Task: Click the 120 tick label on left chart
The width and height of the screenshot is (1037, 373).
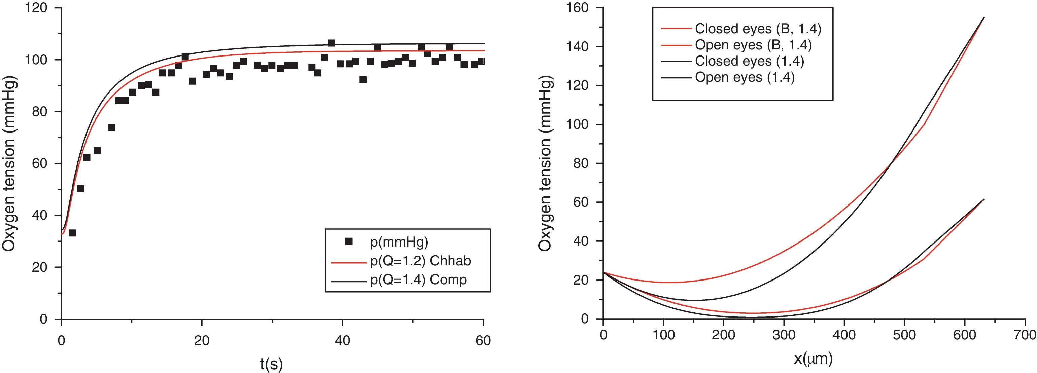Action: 36,8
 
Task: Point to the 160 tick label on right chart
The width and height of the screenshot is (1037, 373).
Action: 579,8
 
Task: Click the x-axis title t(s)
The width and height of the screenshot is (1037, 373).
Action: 271,364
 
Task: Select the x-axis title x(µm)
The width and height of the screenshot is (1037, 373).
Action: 813,358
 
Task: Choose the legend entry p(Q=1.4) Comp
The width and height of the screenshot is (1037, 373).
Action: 418,279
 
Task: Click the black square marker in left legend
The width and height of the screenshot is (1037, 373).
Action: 349,241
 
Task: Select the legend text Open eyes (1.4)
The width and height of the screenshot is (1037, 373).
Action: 745,77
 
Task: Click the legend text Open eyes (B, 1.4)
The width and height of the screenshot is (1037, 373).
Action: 753,45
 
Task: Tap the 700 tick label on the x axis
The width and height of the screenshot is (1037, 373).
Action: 1025,335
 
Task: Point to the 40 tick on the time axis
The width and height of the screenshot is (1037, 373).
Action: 342,340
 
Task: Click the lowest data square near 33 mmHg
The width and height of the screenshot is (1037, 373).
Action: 72,233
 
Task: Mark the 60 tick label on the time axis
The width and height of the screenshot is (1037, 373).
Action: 483,340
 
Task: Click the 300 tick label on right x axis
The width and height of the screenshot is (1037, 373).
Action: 783,335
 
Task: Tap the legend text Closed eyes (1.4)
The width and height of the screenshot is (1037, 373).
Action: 749,61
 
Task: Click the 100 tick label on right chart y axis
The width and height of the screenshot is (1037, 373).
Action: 579,124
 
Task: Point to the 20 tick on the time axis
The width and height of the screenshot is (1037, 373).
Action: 202,340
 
